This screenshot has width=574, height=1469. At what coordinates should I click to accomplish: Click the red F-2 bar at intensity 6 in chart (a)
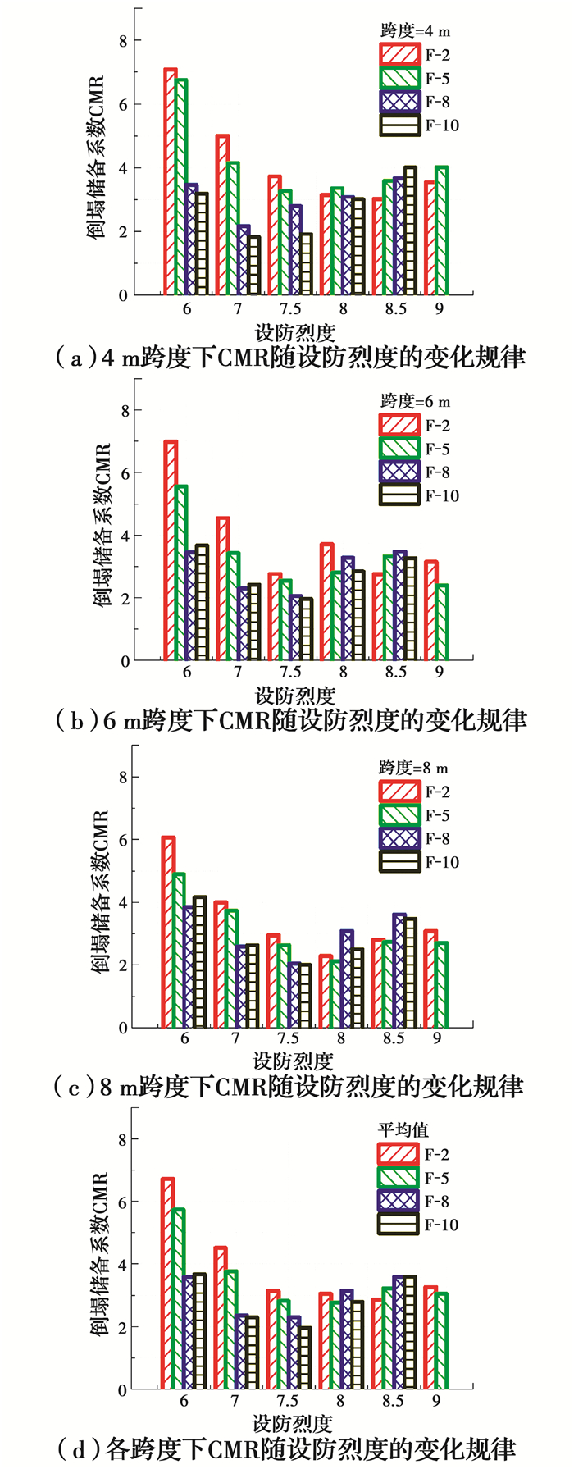click(x=171, y=182)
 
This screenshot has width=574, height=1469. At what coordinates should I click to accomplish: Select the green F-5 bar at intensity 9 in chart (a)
click(x=441, y=230)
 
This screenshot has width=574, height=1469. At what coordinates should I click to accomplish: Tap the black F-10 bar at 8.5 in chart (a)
click(x=410, y=230)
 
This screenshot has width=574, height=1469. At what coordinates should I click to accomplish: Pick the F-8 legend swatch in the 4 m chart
click(x=399, y=102)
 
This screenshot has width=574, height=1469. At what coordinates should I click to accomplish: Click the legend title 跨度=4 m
click(x=415, y=31)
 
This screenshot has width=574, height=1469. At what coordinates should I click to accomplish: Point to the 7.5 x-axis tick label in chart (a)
click(x=290, y=308)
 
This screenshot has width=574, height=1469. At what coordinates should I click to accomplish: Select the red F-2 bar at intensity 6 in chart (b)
click(x=171, y=550)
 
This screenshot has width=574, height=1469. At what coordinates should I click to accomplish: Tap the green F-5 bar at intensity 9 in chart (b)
click(x=441, y=623)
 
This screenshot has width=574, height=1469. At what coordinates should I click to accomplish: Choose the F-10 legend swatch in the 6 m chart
click(x=399, y=495)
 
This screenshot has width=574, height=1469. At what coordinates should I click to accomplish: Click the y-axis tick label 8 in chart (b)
click(x=125, y=410)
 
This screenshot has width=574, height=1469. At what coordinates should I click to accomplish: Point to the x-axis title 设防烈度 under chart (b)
click(x=295, y=696)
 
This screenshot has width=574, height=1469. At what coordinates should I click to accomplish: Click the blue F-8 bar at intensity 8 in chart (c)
click(x=347, y=979)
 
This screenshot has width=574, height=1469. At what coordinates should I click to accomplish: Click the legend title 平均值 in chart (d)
click(x=403, y=1129)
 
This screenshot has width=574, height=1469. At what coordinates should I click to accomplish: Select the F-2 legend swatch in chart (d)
click(x=399, y=1154)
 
